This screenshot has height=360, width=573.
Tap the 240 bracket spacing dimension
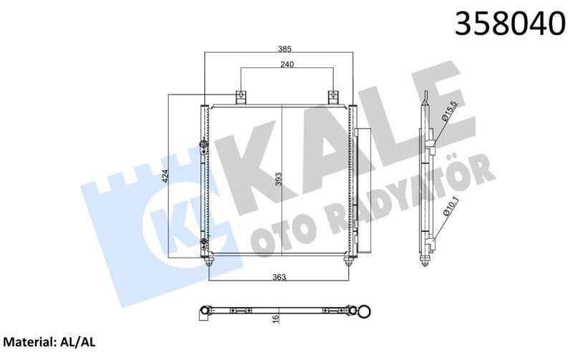tap(287, 64)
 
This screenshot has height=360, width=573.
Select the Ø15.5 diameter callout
tap(450, 112)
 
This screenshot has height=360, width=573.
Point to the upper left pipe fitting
tap(204, 148)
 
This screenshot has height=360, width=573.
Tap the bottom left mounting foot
tap(209, 261)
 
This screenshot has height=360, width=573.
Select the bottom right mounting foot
tap(349, 261)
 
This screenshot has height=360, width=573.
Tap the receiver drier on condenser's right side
tap(363, 190)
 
